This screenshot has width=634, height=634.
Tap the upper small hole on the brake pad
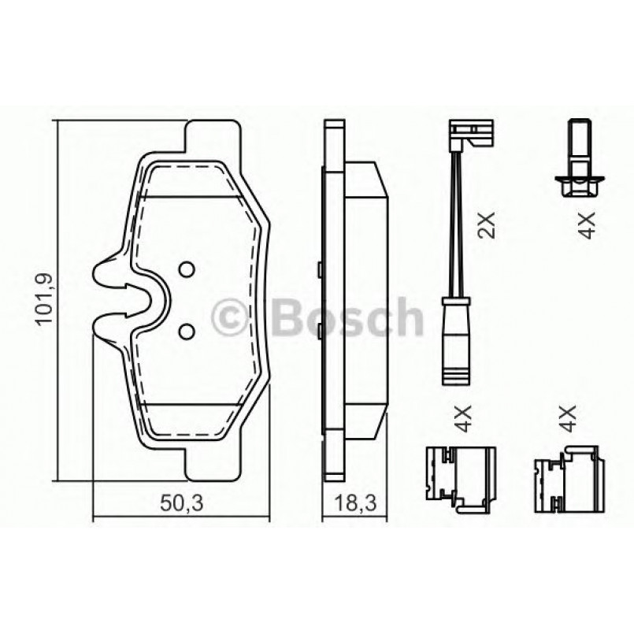click(187, 269)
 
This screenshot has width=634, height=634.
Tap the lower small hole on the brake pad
click(187, 331)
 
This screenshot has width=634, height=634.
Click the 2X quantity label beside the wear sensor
click(488, 224)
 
